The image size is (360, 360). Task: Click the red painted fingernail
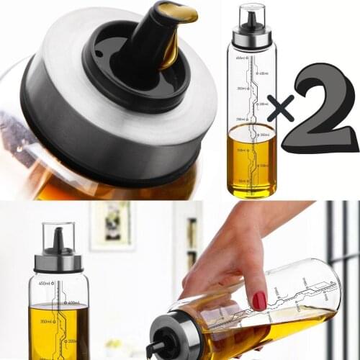coord(259,300)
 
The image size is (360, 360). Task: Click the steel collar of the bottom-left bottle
coord(58,263)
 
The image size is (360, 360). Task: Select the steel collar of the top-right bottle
coord(252,37)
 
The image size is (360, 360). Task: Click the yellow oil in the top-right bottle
coord(251,162)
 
